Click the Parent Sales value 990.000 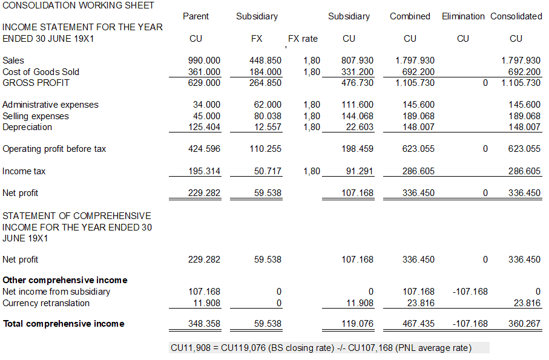(x=205, y=61)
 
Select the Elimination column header (x=463, y=16)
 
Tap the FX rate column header (x=303, y=39)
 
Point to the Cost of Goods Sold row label (x=41, y=72)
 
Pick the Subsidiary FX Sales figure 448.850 (x=265, y=61)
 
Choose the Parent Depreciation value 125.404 (x=205, y=127)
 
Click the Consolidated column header (x=516, y=16)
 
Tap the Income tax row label (x=24, y=171)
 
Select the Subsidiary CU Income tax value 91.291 (x=357, y=171)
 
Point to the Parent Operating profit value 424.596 (x=205, y=149)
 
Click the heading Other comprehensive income (x=65, y=280)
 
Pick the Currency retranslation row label (x=46, y=303)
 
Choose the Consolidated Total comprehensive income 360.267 (x=524, y=324)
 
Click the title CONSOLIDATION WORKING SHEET (x=78, y=5)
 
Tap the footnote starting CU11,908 (x=321, y=348)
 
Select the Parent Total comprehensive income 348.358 (x=205, y=324)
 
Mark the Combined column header (x=410, y=16)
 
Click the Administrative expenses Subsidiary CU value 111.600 (x=357, y=105)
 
